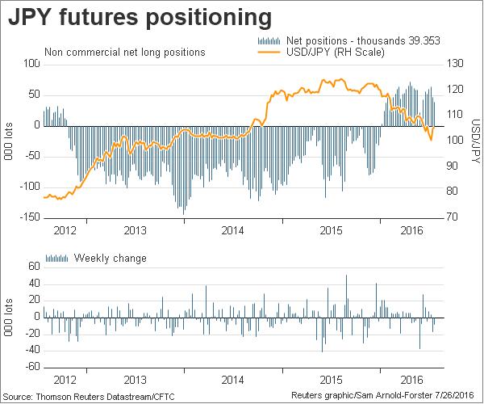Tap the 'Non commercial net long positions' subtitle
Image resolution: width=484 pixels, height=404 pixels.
pyautogui.click(x=125, y=53)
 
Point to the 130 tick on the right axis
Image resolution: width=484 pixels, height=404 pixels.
pyautogui.click(x=456, y=63)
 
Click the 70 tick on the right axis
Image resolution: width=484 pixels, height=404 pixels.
pyautogui.click(x=453, y=217)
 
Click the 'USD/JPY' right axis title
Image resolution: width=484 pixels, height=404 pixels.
pyautogui.click(x=475, y=141)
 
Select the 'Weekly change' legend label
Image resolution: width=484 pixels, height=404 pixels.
pyautogui.click(x=110, y=259)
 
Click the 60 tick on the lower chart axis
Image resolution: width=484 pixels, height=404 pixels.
pyautogui.click(x=34, y=266)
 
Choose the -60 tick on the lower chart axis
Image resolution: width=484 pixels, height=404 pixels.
pyautogui.click(x=32, y=367)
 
